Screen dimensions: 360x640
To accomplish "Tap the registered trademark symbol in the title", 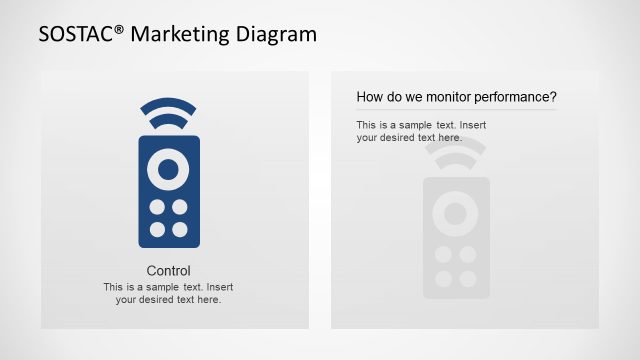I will pyautogui.click(x=121, y=28).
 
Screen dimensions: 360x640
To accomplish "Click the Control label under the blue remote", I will pyautogui.click(x=168, y=271).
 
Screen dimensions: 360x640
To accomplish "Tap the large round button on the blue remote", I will pyautogui.click(x=168, y=168).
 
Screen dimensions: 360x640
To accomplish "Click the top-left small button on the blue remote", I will pyautogui.click(x=157, y=207).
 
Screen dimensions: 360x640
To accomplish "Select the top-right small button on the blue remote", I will pyautogui.click(x=180, y=207).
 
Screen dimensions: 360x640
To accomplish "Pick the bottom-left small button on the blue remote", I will pyautogui.click(x=157, y=229).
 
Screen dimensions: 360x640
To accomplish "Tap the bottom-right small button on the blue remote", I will pyautogui.click(x=180, y=229).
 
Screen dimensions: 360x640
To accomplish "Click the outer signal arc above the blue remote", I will pyautogui.click(x=168, y=104).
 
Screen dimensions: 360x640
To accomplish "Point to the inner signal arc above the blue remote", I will pyautogui.click(x=168, y=120).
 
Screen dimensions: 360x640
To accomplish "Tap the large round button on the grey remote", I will pyautogui.click(x=456, y=212).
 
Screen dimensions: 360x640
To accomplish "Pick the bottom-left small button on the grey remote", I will pyautogui.click(x=443, y=278).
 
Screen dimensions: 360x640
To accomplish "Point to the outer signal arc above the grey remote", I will pyautogui.click(x=456, y=143).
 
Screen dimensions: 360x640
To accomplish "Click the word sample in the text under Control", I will pyautogui.click(x=167, y=287).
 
